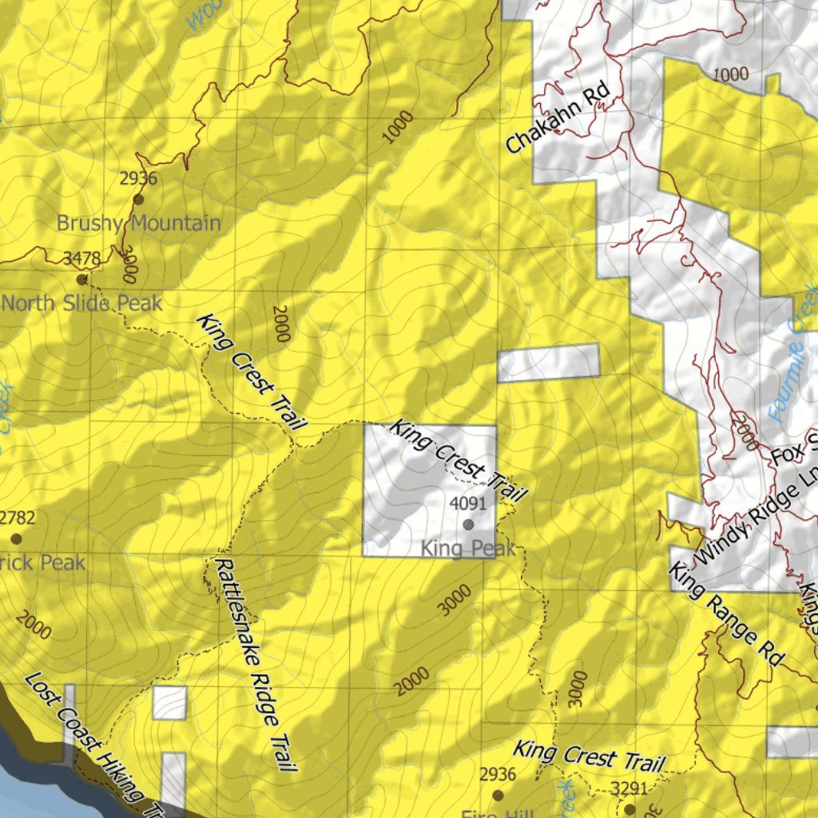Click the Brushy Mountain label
pyautogui.click(x=138, y=223)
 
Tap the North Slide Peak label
pyautogui.click(x=82, y=304)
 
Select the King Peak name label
pyautogui.click(x=468, y=549)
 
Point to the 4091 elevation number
pyautogui.click(x=468, y=504)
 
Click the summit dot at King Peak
pyautogui.click(x=468, y=525)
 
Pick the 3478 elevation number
pyautogui.click(x=82, y=258)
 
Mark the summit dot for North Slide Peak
pyautogui.click(x=81, y=280)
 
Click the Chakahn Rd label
pyautogui.click(x=558, y=119)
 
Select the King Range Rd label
pyautogui.click(x=725, y=613)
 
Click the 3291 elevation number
pyautogui.click(x=629, y=789)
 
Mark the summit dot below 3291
pyautogui.click(x=629, y=809)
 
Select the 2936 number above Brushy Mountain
pyautogui.click(x=138, y=179)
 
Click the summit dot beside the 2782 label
pyautogui.click(x=16, y=539)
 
